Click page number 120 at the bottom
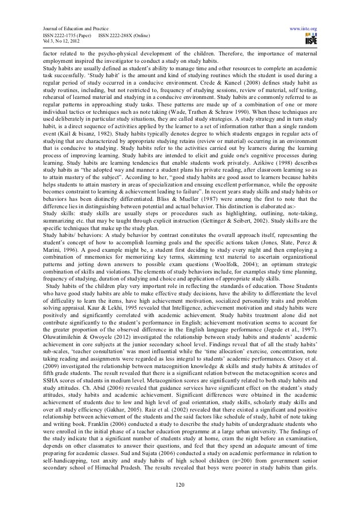180,484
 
